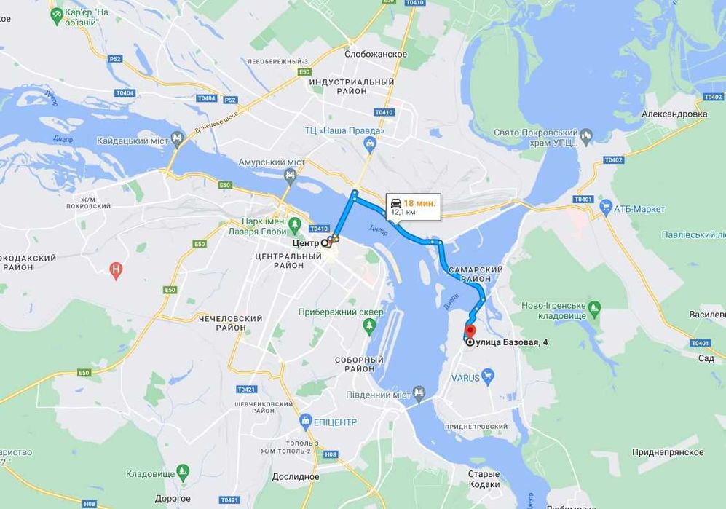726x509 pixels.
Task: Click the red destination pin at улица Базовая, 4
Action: click(x=470, y=331)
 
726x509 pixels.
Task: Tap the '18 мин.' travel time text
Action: click(x=420, y=203)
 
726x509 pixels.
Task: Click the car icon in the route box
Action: click(x=396, y=203)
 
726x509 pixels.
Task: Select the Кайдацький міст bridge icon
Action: click(x=177, y=138)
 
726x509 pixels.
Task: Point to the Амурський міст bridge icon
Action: click(x=291, y=175)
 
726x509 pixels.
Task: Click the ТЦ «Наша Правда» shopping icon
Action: click(x=370, y=143)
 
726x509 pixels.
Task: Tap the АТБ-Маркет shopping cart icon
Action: click(x=605, y=208)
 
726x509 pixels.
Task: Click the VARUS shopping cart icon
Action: click(x=488, y=376)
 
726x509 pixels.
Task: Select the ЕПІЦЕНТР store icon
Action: click(x=306, y=421)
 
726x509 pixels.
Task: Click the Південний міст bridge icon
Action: click(x=419, y=394)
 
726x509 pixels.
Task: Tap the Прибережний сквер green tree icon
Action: click(x=370, y=324)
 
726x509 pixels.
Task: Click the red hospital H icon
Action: click(x=115, y=270)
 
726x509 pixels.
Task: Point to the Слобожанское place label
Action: click(x=377, y=55)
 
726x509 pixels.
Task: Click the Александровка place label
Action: click(x=674, y=114)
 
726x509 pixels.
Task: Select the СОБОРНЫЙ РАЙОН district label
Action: click(x=359, y=364)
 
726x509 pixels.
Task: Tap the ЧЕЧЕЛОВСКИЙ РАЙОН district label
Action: click(x=230, y=323)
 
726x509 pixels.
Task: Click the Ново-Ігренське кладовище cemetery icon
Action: click(x=594, y=308)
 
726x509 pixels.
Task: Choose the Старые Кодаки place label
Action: click(x=484, y=478)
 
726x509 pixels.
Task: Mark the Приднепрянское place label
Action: click(x=668, y=452)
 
